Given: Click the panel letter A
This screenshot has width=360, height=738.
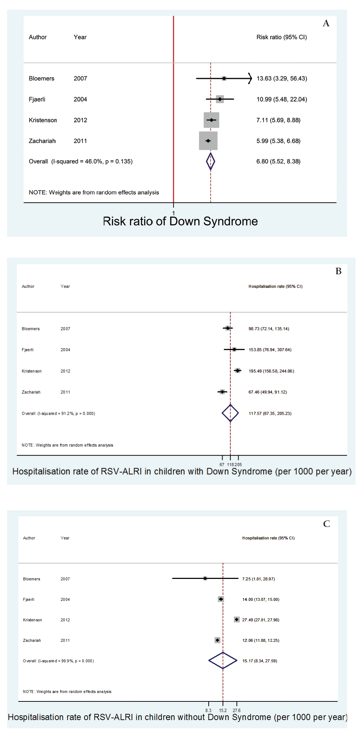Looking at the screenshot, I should (326, 23).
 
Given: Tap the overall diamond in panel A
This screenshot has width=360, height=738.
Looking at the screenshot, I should (211, 161).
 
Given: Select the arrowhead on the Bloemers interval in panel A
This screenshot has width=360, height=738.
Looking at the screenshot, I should (250, 78).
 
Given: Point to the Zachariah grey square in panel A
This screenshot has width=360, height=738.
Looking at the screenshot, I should (208, 141).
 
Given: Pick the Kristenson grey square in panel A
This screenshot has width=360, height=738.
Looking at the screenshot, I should (212, 120).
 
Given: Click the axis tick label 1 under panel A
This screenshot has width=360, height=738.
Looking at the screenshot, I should (174, 213).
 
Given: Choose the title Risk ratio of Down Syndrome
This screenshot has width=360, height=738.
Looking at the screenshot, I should (180, 221).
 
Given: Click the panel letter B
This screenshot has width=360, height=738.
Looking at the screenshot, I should (338, 271).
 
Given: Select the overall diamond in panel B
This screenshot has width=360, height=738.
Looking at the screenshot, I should (230, 413).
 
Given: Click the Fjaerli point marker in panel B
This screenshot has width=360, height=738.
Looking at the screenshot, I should (234, 350).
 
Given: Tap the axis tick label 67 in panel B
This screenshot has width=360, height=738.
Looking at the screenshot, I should (222, 464).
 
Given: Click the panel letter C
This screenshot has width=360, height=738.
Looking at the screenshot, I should (327, 524).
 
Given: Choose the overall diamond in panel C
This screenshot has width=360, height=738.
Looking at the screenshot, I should (223, 660).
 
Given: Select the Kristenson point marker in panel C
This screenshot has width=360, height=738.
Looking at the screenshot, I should (237, 620).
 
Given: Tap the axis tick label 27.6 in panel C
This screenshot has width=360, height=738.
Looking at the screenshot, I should (237, 710).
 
